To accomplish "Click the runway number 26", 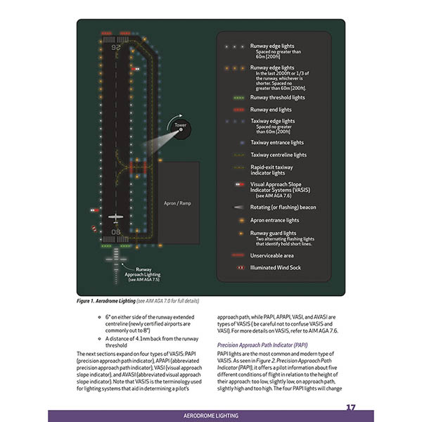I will click(x=115, y=49).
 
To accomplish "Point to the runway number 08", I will click(x=115, y=231).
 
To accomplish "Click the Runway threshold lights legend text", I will click(x=278, y=98).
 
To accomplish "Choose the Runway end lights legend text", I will click(x=271, y=110).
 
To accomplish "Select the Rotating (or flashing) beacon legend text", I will click(x=283, y=207).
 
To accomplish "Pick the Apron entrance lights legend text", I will click(x=274, y=220).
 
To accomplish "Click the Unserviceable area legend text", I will click(x=273, y=255).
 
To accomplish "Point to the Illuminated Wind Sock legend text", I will click(x=276, y=268).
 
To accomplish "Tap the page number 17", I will click(x=350, y=407).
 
